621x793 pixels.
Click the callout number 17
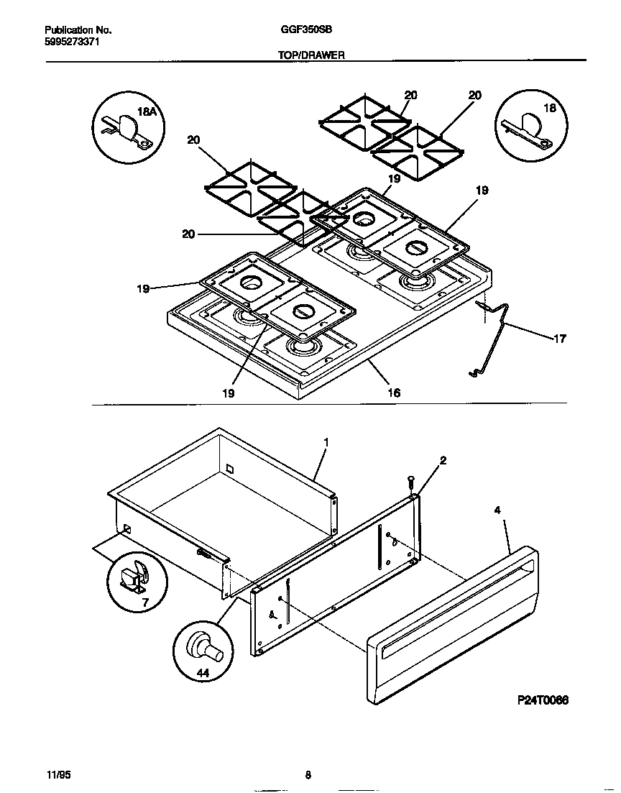(x=559, y=339)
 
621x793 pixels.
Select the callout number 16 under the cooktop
(x=394, y=393)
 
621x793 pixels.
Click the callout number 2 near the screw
(x=443, y=461)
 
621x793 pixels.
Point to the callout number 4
(x=497, y=510)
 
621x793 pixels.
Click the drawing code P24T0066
(x=542, y=700)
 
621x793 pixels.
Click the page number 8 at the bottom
(x=308, y=775)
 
